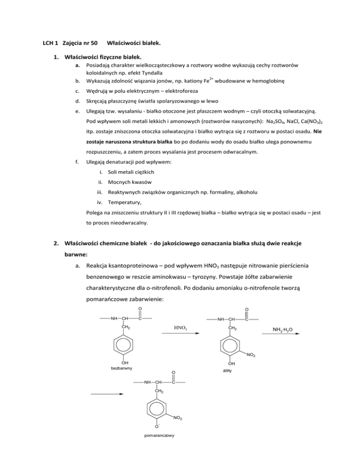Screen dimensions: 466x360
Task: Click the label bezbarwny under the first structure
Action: tap(124, 369)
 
